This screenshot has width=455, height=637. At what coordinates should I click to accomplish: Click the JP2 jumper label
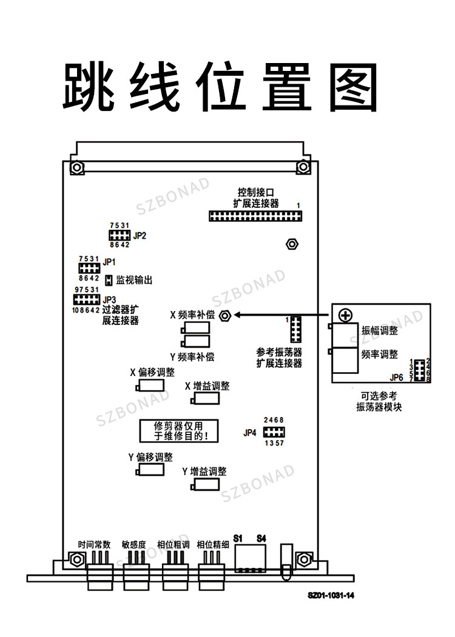[x=140, y=236]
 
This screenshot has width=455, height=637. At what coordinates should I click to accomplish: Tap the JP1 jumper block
[x=89, y=268]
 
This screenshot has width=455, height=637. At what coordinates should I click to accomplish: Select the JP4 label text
[x=250, y=433]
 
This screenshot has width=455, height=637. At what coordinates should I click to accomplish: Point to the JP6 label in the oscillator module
[x=396, y=378]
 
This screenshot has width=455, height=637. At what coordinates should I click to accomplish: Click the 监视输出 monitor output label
[x=134, y=280]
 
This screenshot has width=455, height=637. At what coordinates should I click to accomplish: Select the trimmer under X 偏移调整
[x=150, y=385]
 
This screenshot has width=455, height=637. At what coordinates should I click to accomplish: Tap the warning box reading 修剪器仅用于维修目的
[x=179, y=431]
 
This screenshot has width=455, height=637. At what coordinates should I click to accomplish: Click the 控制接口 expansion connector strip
[x=255, y=216]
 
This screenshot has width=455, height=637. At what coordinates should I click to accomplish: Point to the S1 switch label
[x=238, y=539]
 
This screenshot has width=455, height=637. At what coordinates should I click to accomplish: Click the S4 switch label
[x=261, y=539]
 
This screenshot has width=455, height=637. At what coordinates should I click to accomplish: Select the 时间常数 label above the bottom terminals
[x=94, y=545]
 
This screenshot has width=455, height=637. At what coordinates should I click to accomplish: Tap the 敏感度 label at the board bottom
[x=134, y=545]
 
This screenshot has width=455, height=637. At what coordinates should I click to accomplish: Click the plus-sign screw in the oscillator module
[x=345, y=315]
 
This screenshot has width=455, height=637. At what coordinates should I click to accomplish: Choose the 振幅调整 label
[x=379, y=330]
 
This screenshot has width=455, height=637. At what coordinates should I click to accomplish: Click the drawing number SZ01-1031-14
[x=331, y=596]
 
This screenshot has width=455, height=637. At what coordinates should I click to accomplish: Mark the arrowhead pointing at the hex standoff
[x=237, y=315]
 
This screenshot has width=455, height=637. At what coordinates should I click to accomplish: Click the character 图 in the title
[x=353, y=87]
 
